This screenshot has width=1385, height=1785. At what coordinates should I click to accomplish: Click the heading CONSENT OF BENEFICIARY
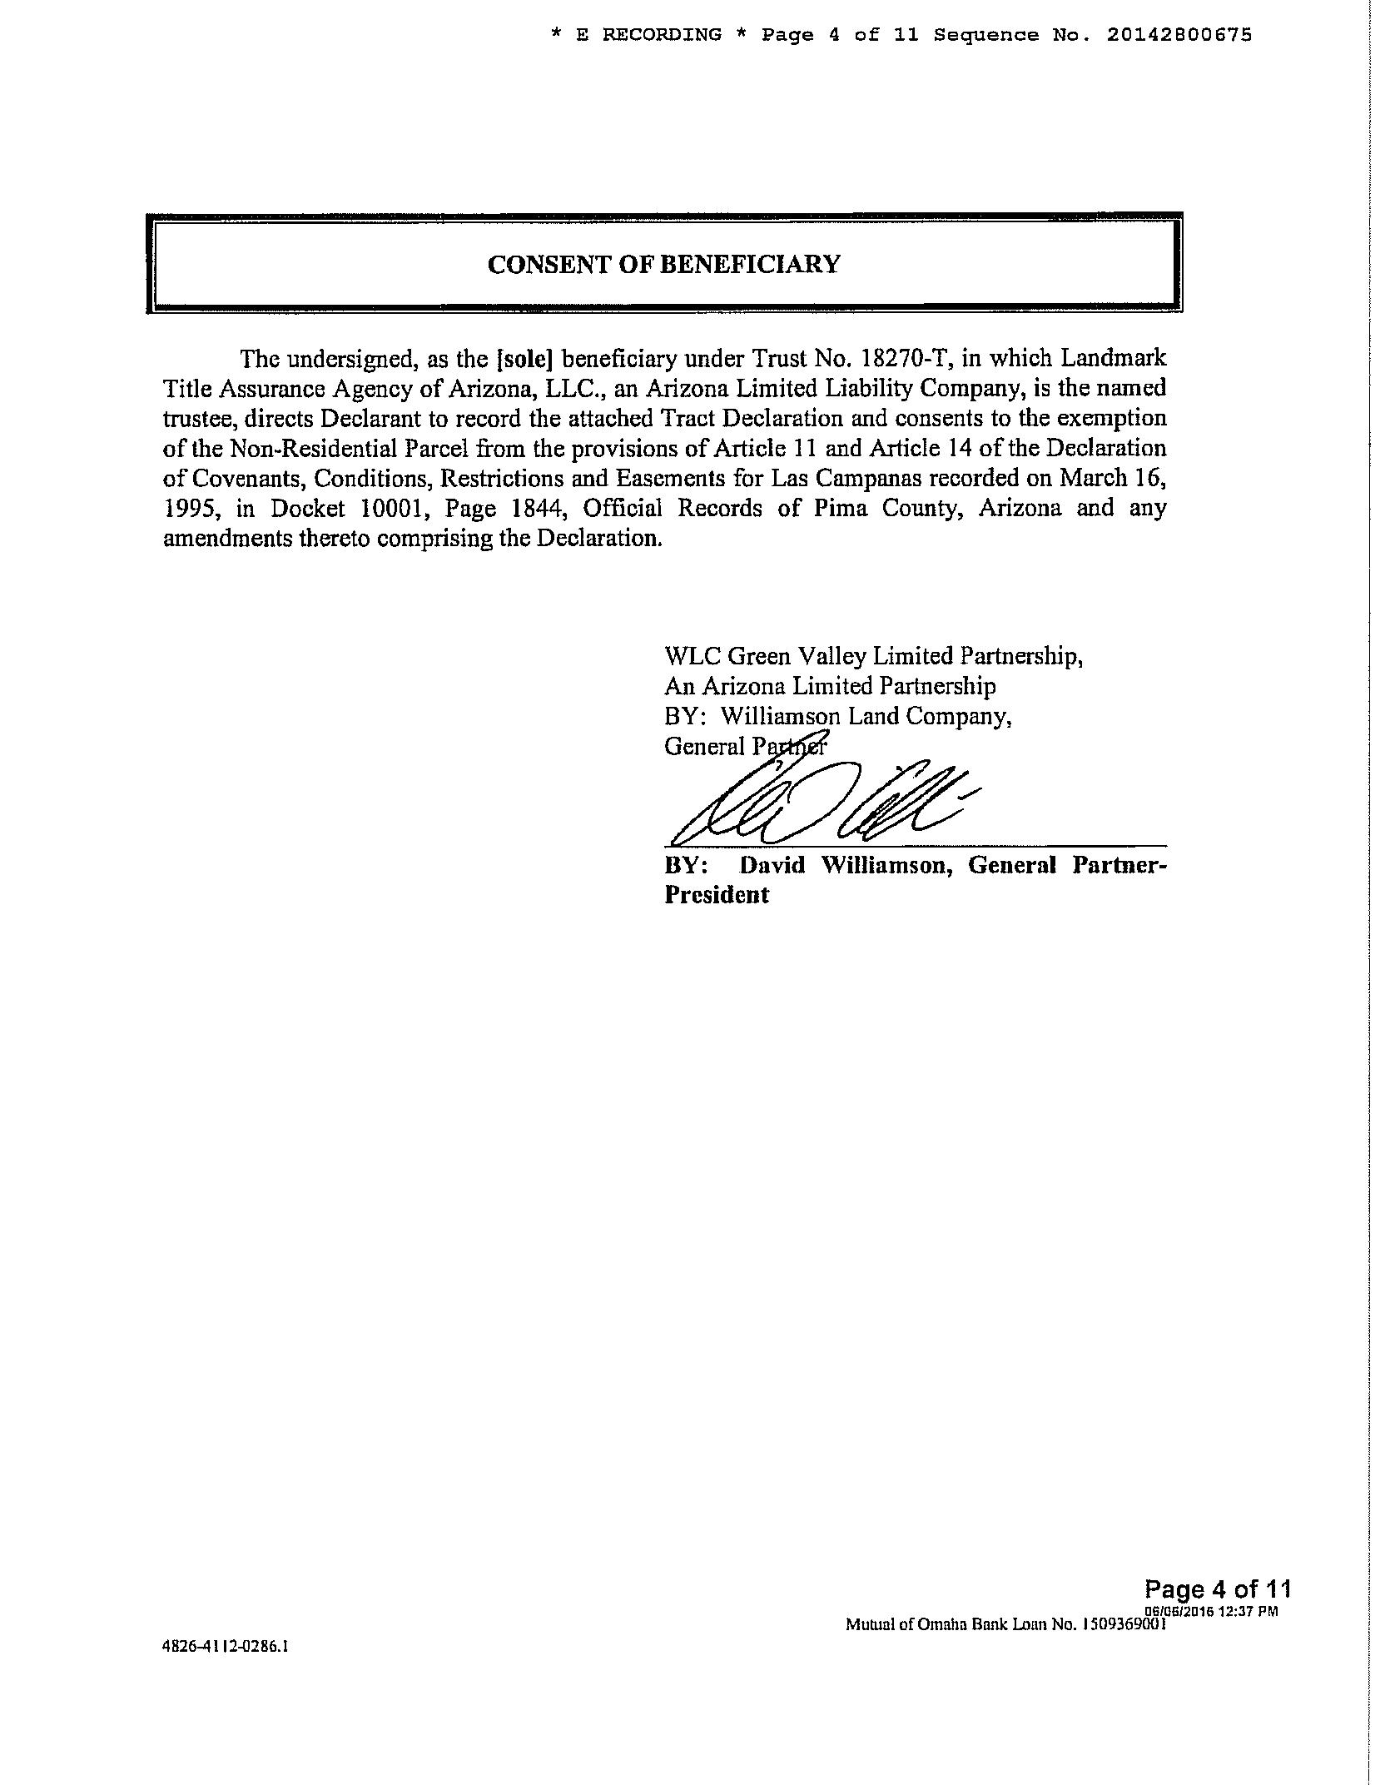(663, 265)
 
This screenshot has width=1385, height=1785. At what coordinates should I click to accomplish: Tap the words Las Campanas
(849, 479)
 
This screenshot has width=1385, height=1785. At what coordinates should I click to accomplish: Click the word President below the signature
(716, 896)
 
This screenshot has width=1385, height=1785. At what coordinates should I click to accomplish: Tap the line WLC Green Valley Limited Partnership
(873, 656)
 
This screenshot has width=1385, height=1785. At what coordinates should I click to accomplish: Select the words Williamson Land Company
(866, 716)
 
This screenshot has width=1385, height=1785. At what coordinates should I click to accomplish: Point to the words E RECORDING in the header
(649, 35)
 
